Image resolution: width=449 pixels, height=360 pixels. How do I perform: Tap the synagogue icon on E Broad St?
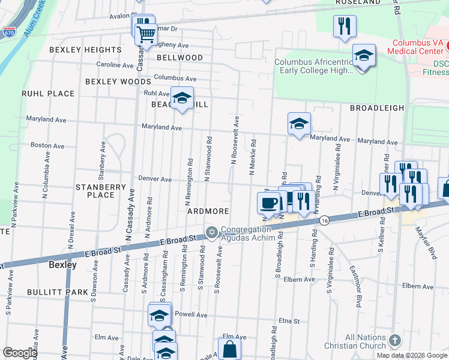[x=211, y=232]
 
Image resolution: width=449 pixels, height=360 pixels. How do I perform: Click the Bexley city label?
[x=62, y=264]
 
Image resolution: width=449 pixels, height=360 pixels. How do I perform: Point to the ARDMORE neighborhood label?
[x=208, y=211]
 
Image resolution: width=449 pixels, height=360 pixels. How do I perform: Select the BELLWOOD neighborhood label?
[x=179, y=58]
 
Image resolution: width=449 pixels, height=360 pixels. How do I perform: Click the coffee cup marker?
[x=268, y=202]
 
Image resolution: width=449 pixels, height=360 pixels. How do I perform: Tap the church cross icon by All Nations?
[x=394, y=341]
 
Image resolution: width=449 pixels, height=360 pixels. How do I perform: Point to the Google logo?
[x=20, y=353]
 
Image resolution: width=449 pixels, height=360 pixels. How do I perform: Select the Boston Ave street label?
[x=47, y=145]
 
